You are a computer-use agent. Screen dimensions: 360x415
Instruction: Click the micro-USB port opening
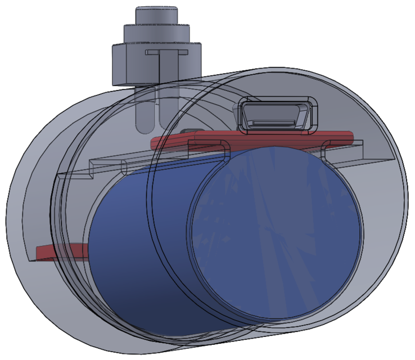(x=277, y=114)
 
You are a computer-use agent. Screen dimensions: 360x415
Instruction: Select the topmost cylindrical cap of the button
(x=156, y=16)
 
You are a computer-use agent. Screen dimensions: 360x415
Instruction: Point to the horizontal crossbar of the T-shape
(x=167, y=52)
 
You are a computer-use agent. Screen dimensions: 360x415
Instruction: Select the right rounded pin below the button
(x=167, y=112)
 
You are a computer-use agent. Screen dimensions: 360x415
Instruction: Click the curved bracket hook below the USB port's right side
(x=326, y=150)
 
